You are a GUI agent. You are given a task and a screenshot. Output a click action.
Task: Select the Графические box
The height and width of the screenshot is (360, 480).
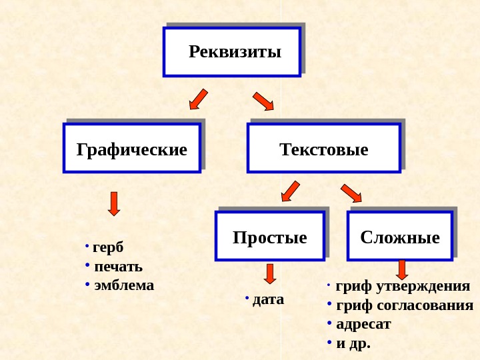(x=132, y=148)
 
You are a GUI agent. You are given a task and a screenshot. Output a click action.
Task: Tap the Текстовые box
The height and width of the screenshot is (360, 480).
(x=324, y=148)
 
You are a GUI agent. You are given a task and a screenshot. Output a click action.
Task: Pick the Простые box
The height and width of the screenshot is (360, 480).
(x=270, y=236)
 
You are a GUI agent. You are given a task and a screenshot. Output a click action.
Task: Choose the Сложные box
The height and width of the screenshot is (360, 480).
(x=400, y=236)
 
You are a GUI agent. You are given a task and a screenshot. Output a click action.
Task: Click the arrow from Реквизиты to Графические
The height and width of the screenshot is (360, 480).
(x=198, y=99)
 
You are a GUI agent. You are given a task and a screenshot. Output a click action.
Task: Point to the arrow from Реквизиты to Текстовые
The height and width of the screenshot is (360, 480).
(x=263, y=101)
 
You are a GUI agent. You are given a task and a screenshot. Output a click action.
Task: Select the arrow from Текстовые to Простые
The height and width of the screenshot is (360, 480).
(x=290, y=191)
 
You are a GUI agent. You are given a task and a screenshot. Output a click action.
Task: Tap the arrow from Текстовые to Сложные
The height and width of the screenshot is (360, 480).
(x=351, y=193)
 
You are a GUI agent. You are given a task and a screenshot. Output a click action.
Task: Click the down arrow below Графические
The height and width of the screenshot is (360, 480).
(x=114, y=203)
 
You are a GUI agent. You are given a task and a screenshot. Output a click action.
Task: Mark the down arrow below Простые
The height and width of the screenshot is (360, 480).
(x=270, y=273)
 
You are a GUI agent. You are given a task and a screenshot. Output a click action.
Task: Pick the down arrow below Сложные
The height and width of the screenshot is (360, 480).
(x=401, y=269)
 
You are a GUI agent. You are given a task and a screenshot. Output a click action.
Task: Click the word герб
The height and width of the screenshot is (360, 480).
(x=108, y=247)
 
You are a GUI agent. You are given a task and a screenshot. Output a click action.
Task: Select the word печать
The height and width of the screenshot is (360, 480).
(x=119, y=267)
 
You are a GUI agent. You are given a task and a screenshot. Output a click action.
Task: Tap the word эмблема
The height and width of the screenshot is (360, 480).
(x=124, y=285)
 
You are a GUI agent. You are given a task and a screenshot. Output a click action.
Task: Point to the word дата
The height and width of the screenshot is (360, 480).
(x=268, y=299)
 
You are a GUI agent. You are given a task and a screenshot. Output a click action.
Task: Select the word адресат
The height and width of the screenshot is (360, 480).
(x=363, y=324)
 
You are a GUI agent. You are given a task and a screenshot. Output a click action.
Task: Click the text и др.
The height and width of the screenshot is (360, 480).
(x=353, y=343)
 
